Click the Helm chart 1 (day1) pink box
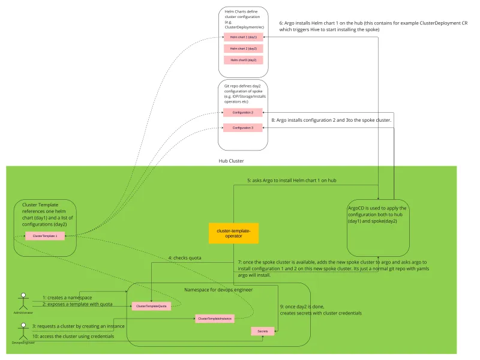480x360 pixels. (243, 37)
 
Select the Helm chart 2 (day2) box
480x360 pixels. (243, 48)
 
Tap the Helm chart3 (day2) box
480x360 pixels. (243, 60)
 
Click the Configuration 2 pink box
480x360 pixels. (242, 112)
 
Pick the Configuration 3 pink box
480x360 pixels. (242, 127)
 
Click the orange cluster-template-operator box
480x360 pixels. (233, 233)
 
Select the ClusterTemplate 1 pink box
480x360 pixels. (45, 236)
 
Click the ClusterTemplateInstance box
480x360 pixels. (214, 319)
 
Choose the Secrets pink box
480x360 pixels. (263, 331)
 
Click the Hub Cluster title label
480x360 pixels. (231, 161)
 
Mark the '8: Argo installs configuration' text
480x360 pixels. (331, 120)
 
